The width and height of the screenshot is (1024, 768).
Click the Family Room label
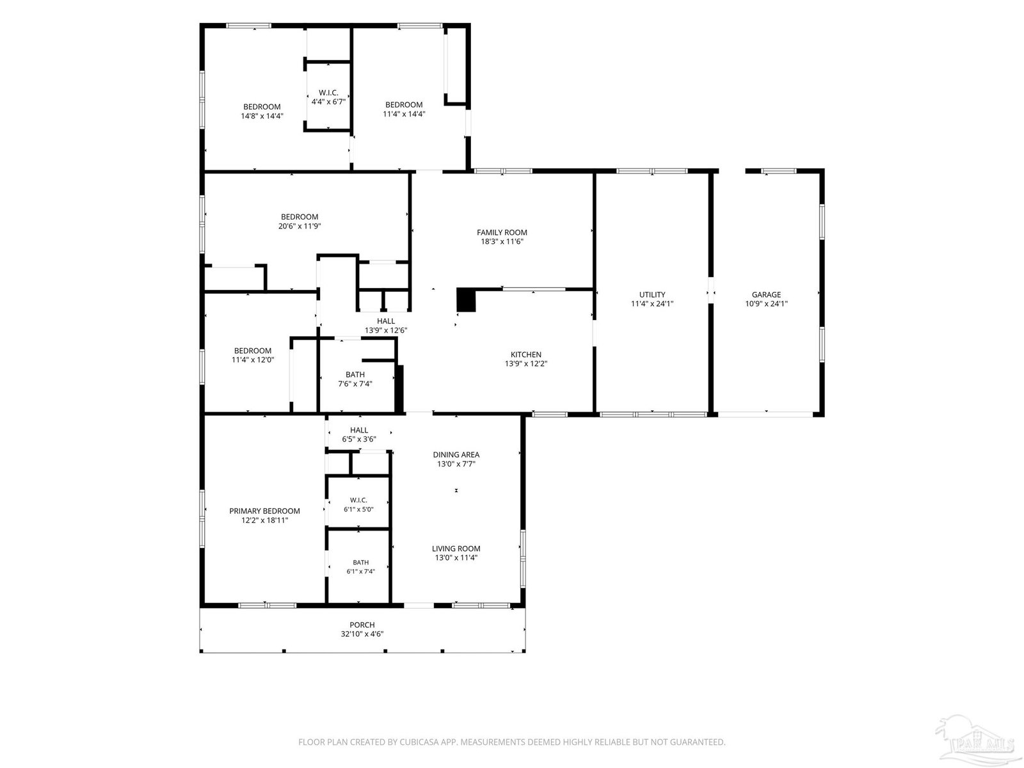502,232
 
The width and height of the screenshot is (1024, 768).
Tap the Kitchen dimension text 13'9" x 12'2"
526,364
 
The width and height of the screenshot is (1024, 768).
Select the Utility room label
652,294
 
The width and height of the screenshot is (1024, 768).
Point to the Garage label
766,294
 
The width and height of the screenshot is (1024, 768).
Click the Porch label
362,625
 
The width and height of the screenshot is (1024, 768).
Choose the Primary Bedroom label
264,511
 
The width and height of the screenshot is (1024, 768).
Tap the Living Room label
456,549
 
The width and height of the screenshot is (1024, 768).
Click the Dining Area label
456,454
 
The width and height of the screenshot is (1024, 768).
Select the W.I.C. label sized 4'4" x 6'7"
328,93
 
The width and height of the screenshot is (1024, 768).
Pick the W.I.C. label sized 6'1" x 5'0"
358,500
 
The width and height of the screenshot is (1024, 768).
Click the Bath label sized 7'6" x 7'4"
355,374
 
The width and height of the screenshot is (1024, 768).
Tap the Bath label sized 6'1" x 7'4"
360,563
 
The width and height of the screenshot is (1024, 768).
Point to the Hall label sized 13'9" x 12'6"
386,321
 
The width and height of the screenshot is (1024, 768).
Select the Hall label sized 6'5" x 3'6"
359,430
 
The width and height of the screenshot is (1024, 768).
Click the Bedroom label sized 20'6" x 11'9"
300,217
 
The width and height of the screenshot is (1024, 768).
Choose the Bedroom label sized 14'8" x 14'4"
262,107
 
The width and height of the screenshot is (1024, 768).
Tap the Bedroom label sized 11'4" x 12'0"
252,351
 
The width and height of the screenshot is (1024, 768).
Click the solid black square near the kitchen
465,300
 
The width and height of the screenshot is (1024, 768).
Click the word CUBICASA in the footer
420,742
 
